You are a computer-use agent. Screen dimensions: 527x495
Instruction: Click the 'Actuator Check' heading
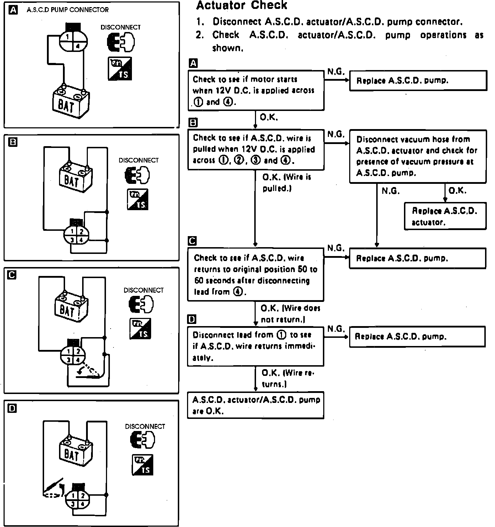coord(241,5)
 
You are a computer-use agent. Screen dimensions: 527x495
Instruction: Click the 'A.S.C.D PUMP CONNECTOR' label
coord(68,10)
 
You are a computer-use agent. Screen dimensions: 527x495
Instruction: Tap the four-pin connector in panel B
coord(76,235)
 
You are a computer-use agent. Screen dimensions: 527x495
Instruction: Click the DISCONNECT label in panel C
coord(143,290)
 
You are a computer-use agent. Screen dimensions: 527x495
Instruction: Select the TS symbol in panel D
coord(143,464)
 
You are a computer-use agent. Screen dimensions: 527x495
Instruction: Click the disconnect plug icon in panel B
coord(137,175)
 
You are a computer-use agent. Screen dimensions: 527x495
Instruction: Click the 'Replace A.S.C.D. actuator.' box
coord(445,216)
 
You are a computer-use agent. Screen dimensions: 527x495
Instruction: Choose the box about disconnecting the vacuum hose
coord(417,156)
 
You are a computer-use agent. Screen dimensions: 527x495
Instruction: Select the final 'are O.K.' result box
coord(255,405)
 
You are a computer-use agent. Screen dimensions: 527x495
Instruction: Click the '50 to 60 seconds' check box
coord(255,275)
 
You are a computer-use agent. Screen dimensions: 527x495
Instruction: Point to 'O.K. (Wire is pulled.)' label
coord(286,182)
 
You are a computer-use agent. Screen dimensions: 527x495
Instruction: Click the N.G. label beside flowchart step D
coord(336,329)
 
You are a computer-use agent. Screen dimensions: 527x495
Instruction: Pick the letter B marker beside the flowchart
coord(193,123)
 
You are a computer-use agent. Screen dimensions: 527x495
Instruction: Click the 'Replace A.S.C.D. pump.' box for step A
coord(418,80)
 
